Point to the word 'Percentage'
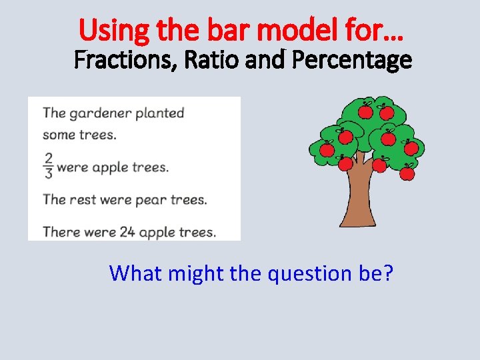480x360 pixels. click(352, 61)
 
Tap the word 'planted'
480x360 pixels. click(159, 113)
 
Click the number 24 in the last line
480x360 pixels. click(127, 233)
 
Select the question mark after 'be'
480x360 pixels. click(388, 273)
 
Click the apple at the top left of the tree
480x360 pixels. click(365, 111)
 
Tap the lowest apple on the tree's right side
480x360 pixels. click(407, 173)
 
